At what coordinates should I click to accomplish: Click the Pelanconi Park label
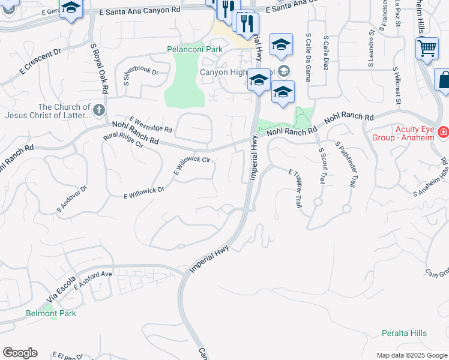pyautogui.click(x=194, y=49)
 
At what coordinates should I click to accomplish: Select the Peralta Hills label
pyautogui.click(x=404, y=333)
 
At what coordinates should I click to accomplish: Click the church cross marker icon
pyautogui.click(x=100, y=110)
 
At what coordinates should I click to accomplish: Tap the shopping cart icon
pyautogui.click(x=427, y=47)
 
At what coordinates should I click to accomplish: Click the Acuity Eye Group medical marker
pyautogui.click(x=444, y=131)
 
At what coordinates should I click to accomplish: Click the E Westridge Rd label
pyautogui.click(x=151, y=124)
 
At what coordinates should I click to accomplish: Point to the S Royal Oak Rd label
pyautogui.click(x=98, y=69)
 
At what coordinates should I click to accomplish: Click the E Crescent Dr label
pyautogui.click(x=40, y=61)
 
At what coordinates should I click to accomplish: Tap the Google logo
pyautogui.click(x=20, y=353)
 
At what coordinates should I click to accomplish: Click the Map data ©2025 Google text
pyautogui.click(x=411, y=355)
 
